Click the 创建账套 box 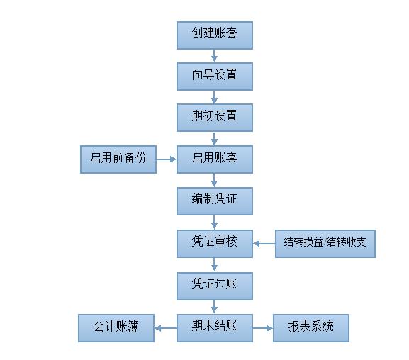tap(214, 35)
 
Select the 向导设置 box tap(214, 77)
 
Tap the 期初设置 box tap(214, 118)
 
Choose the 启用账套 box tap(214, 159)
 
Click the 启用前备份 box tap(118, 159)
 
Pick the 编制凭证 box tap(214, 201)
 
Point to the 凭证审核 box tap(214, 244)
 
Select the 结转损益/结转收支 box tap(325, 244)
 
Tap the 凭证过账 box tap(214, 286)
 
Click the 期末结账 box tap(214, 328)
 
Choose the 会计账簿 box tap(116, 328)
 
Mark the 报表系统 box tap(311, 328)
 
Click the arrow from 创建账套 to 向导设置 tap(214, 56)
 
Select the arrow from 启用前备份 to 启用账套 tap(167, 159)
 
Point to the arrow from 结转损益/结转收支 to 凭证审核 tap(264, 244)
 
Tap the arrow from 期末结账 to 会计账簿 tap(166, 328)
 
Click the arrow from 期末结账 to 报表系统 tap(263, 328)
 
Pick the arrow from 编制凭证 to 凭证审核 tap(214, 223)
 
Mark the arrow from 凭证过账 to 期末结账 tap(214, 307)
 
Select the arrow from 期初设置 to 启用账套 tap(214, 138)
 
